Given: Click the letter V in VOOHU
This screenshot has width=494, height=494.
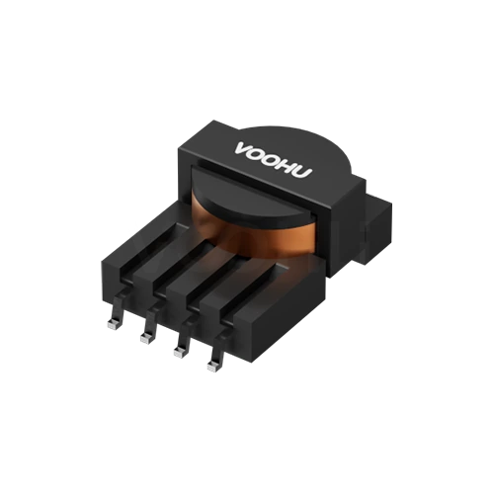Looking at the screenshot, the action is click(x=244, y=149).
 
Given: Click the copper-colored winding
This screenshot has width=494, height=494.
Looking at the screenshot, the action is click(x=255, y=237).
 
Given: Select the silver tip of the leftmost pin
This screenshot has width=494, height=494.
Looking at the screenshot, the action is click(x=112, y=325).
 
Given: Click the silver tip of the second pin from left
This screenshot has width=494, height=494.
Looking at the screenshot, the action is click(x=145, y=339).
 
